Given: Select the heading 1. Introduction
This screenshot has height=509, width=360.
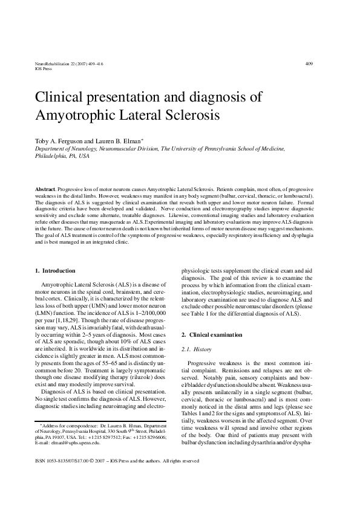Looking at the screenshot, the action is click(55, 270).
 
